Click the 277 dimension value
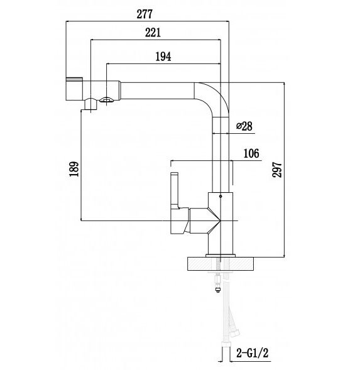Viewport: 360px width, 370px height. (x=145, y=14)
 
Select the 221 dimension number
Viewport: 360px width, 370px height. (x=153, y=33)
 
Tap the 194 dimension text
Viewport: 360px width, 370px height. (x=163, y=57)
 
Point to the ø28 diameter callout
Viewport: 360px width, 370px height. (x=244, y=126)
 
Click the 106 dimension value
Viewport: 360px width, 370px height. (x=251, y=153)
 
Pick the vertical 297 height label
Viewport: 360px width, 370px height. (x=277, y=170)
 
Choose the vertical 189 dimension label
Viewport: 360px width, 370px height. (x=74, y=169)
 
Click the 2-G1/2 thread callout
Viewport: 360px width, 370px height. (x=253, y=354)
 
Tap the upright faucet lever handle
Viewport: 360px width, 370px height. (x=174, y=189)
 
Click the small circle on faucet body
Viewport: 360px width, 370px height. (x=221, y=196)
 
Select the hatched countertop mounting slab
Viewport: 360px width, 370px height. (x=221, y=264)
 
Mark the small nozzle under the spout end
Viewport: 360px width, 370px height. (x=90, y=104)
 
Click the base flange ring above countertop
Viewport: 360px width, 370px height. (x=221, y=256)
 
